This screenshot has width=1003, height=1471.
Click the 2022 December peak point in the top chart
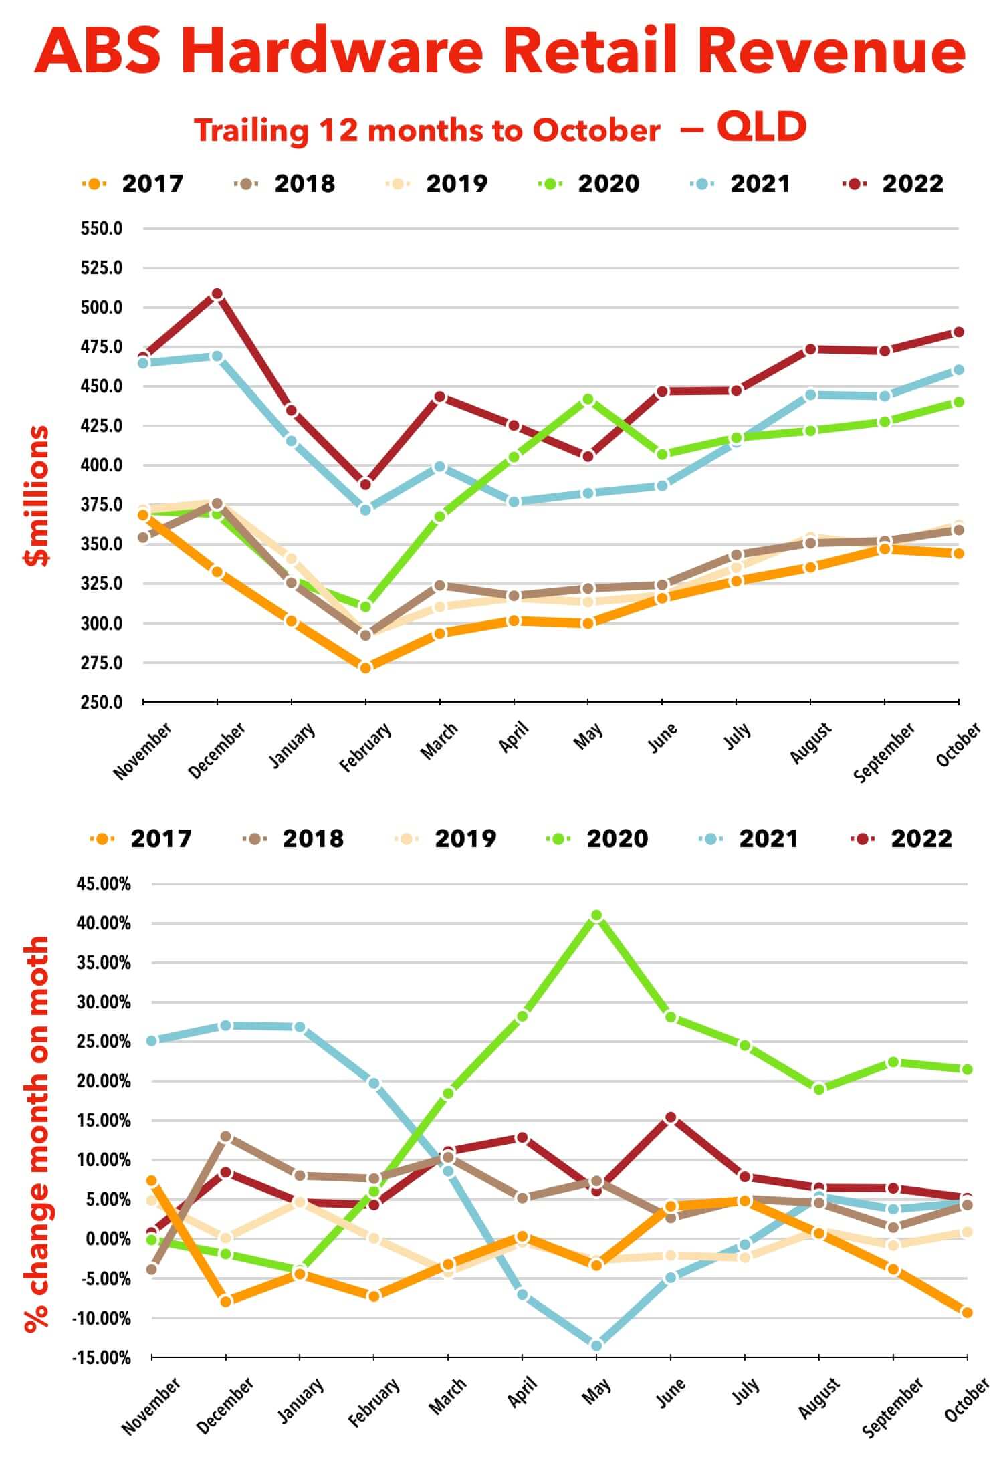point(217,294)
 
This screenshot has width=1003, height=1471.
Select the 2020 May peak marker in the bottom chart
point(596,915)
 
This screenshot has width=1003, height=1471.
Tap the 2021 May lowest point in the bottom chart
point(596,1345)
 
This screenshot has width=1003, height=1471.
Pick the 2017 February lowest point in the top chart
point(365,667)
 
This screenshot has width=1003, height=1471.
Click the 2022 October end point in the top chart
point(958,332)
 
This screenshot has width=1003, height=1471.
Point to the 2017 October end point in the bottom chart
point(967,1313)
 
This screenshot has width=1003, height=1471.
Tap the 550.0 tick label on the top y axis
point(102,229)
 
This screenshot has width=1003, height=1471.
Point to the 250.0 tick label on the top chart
point(102,703)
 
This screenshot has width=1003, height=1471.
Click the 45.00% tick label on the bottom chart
point(104,884)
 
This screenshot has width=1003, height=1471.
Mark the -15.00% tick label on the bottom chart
point(103,1358)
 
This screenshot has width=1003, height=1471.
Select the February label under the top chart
point(365,747)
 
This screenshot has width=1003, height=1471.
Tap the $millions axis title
point(37,496)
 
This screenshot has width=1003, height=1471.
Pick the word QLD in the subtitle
point(762,127)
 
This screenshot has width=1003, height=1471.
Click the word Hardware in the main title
point(341,52)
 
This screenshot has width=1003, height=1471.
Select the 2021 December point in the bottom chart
point(225,1026)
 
